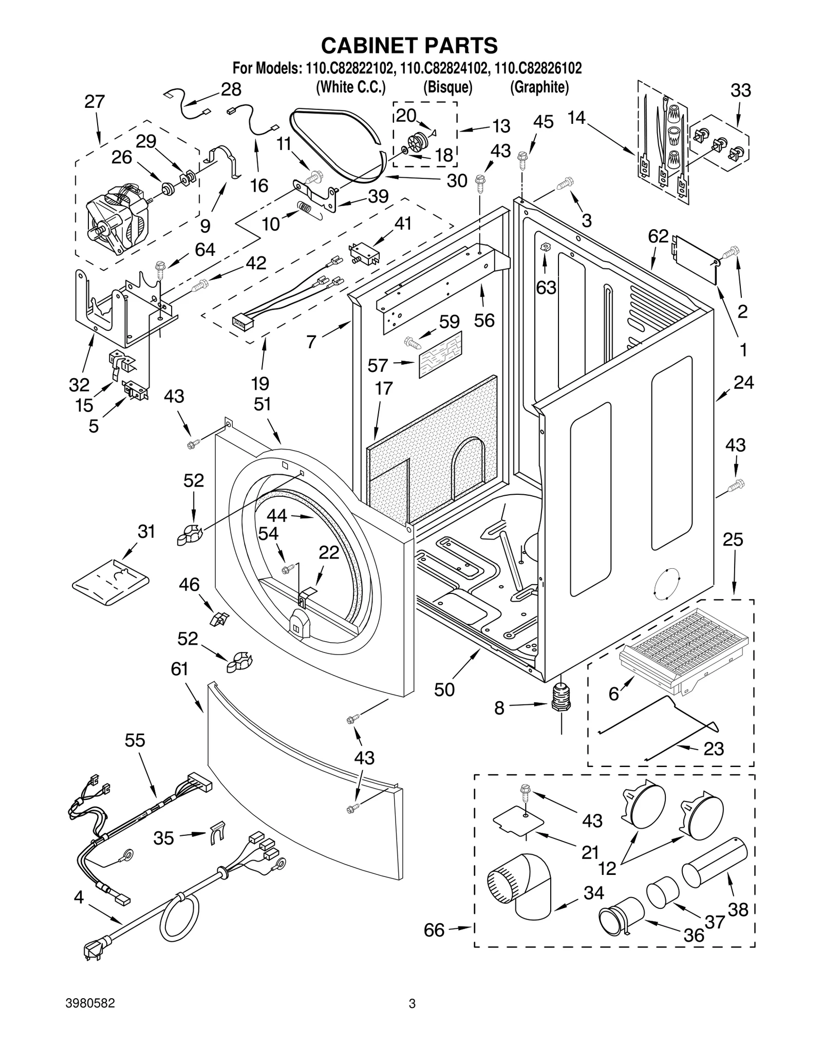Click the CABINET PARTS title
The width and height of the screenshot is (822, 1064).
click(x=409, y=45)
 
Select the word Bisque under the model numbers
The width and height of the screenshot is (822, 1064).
click(x=447, y=87)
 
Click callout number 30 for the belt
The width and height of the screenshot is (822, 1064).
click(x=457, y=180)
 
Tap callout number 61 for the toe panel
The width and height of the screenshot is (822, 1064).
click(x=180, y=669)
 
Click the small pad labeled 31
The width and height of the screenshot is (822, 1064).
click(x=110, y=583)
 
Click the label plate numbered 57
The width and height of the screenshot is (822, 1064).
click(x=440, y=354)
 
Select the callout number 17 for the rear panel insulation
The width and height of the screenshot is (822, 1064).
click(x=383, y=388)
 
